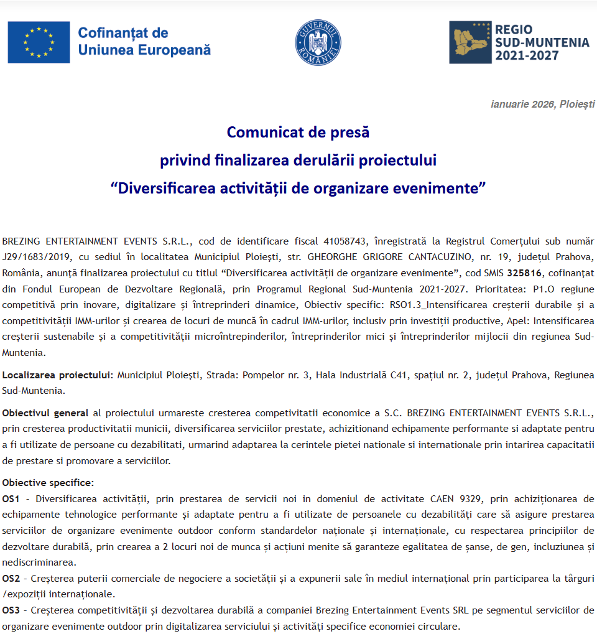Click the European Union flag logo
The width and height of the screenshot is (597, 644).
[39, 42]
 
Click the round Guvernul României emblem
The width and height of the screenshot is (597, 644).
[318, 42]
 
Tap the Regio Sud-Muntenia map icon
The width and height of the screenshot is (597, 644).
[470, 42]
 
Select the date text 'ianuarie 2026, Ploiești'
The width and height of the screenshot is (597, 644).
[542, 104]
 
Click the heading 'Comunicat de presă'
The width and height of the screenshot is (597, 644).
[298, 133]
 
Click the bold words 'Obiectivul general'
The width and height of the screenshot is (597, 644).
[45, 413]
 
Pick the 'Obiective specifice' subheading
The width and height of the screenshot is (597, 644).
[48, 482]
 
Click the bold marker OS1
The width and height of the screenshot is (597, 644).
[11, 498]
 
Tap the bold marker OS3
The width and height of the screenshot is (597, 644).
[11, 609]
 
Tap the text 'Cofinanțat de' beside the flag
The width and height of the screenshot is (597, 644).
[123, 34]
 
